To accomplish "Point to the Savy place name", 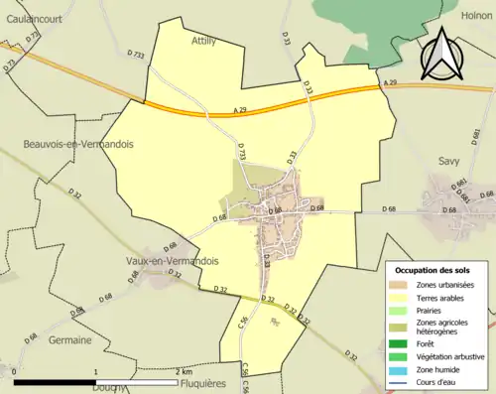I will [x=450, y=158].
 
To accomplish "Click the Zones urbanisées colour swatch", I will [x=401, y=284].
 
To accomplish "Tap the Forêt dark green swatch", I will [x=401, y=343].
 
